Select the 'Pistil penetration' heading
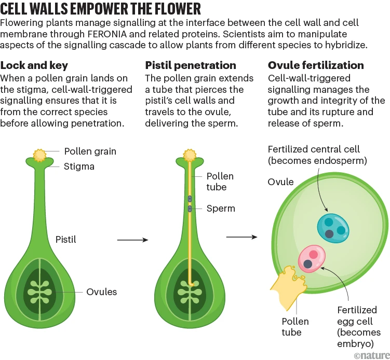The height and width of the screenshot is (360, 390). coord(191,66)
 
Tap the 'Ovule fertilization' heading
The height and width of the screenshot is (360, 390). coord(316,66)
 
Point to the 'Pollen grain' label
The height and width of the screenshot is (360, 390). coord(90,151)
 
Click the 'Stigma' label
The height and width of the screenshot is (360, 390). coord(79,167)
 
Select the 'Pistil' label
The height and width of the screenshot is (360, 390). coord(66,239)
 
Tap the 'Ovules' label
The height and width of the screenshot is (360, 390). coord(102,292)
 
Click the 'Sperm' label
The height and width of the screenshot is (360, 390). coord(221,209)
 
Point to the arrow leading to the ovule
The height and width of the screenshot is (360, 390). coord(241,237)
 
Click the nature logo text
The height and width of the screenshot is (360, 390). coord(371,354)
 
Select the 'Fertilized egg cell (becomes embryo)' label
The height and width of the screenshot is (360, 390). coord(358,327)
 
